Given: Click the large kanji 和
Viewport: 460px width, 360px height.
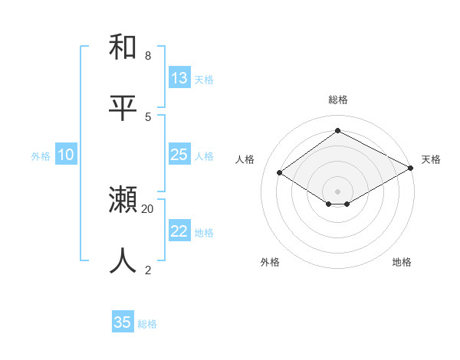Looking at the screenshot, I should [x=123, y=47].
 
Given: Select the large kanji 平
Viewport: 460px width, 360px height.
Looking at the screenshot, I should [x=123, y=108].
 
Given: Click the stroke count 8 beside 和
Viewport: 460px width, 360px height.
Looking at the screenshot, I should [x=148, y=56].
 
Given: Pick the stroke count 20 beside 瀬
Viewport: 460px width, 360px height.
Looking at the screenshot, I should [x=148, y=208].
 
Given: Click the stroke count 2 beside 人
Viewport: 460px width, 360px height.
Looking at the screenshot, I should [x=148, y=269].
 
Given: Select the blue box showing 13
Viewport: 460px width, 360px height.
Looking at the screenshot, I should [x=179, y=77].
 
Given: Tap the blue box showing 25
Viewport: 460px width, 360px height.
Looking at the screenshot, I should [x=179, y=155].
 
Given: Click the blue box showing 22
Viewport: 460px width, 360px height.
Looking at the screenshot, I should [x=179, y=231].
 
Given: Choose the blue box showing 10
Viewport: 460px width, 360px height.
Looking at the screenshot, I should [x=66, y=155].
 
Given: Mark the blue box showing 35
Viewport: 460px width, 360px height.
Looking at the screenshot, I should [x=123, y=322].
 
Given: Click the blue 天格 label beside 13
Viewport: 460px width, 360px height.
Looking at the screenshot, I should [x=204, y=79].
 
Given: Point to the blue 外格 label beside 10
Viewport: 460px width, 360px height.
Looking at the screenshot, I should [x=41, y=156].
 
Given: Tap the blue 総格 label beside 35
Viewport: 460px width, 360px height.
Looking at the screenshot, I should [x=148, y=324].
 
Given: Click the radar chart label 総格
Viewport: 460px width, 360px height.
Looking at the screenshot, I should [x=338, y=100].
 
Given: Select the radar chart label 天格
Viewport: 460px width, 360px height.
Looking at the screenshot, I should [x=431, y=159].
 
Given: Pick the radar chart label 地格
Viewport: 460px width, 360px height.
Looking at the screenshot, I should [x=402, y=262].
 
